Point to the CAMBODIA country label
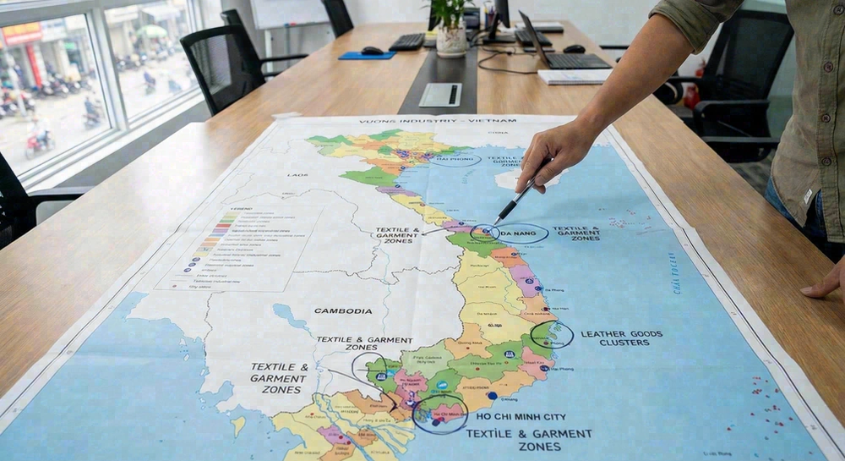point(343,310)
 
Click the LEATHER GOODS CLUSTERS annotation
point(622,338)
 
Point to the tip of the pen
point(497,224)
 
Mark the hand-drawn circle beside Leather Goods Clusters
point(553,335)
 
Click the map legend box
point(241,245)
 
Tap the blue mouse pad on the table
point(367,55)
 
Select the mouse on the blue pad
point(373,51)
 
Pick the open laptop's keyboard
point(575,60)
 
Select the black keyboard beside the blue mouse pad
point(408,41)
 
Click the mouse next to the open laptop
point(574,48)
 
